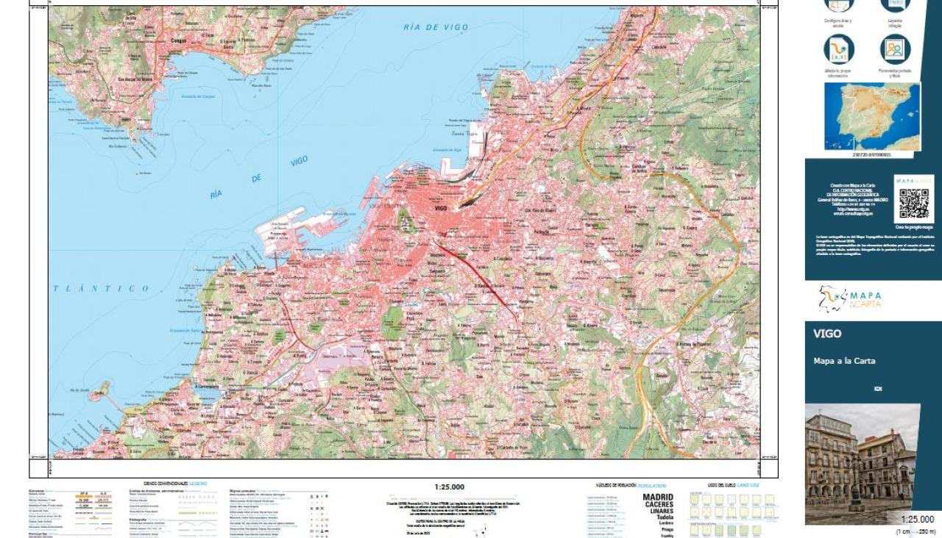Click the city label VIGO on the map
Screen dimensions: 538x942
pyautogui.click(x=441, y=209)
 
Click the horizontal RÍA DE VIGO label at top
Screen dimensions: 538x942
pyautogui.click(x=436, y=27)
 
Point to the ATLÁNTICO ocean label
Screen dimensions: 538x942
pyautogui.click(x=101, y=289)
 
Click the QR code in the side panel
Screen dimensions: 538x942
pyautogui.click(x=914, y=204)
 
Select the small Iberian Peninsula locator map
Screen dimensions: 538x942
pyautogui.click(x=871, y=116)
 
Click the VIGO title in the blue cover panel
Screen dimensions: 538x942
pyautogui.click(x=827, y=334)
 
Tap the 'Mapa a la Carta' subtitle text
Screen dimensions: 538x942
pyautogui.click(x=844, y=361)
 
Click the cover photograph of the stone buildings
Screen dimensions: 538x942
pyautogui.click(x=862, y=463)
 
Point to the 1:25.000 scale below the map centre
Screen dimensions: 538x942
pyautogui.click(x=449, y=487)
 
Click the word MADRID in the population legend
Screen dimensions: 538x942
pyautogui.click(x=659, y=498)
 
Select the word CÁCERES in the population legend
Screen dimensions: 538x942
pyautogui.click(x=659, y=505)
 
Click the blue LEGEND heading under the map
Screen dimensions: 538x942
pyautogui.click(x=198, y=484)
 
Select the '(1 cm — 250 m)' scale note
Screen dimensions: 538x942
pyautogui.click(x=915, y=531)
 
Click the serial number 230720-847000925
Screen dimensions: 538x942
pyautogui.click(x=871, y=155)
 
